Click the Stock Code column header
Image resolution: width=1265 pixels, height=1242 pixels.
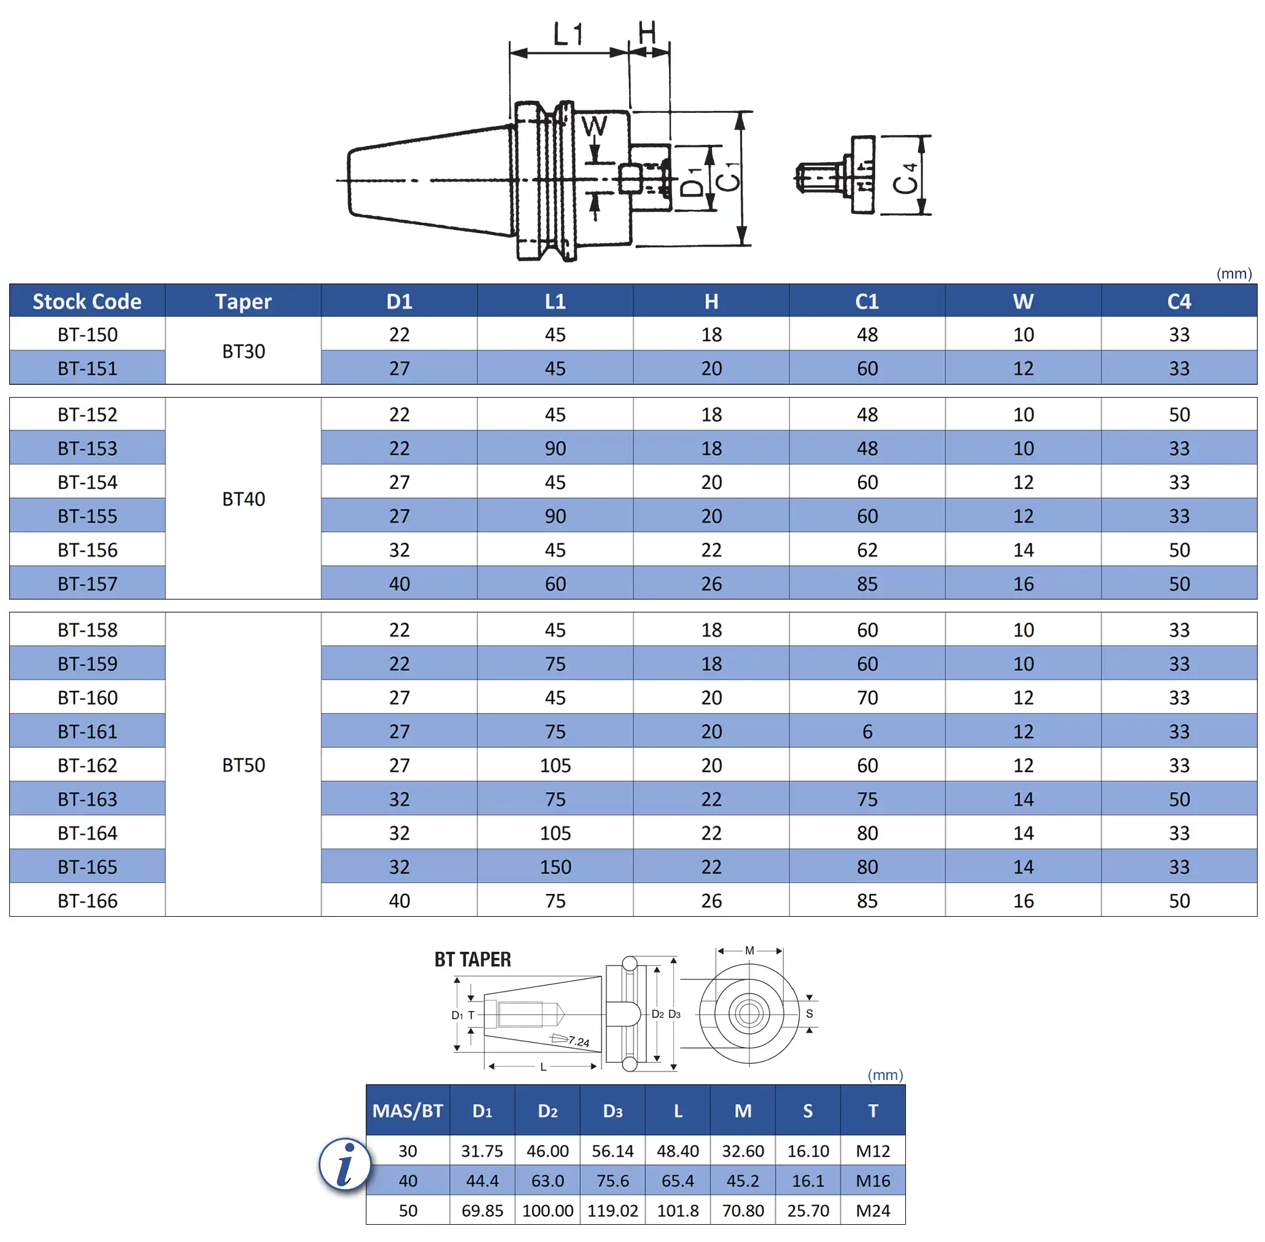pos(87,301)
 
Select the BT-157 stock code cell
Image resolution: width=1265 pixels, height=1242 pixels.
pos(87,583)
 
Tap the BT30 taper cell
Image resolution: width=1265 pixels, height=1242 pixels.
pos(243,351)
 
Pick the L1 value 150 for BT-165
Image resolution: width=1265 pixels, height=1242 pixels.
pos(555,866)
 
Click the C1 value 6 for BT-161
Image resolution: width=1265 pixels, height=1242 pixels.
pos(867,731)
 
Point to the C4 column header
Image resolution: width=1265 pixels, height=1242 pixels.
pos(1179,301)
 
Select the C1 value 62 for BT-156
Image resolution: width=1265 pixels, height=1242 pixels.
pos(867,550)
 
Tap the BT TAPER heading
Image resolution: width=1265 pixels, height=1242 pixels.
pos(473,960)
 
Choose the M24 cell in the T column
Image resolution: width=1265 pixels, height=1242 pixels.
pos(872,1210)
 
